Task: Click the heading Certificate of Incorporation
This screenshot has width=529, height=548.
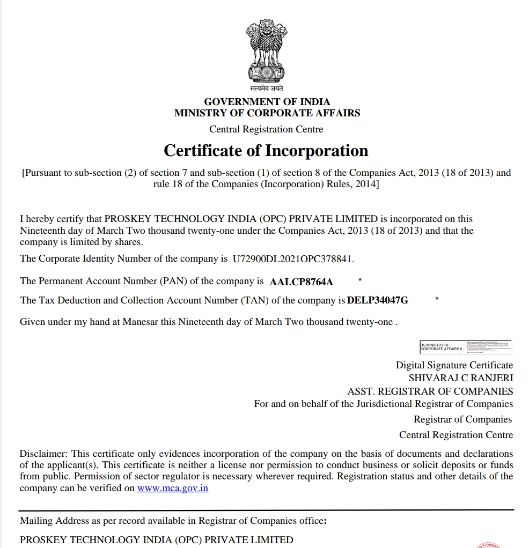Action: coord(266,151)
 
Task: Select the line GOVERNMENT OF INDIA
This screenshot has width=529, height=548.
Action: coord(267,101)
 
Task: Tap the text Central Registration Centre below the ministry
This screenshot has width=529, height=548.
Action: coord(266,129)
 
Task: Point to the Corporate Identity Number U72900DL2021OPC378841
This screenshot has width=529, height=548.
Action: coord(293,259)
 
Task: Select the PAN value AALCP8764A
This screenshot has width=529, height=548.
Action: coord(302,282)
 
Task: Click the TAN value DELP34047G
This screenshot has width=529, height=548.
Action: coord(378,300)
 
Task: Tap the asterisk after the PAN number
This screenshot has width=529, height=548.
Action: coord(359,280)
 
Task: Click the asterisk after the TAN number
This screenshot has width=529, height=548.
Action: coord(437,298)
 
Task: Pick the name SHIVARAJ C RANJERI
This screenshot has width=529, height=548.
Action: coord(460,378)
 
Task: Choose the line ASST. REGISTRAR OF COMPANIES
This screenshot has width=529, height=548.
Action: coord(430,391)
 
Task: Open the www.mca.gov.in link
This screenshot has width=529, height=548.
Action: coord(173,488)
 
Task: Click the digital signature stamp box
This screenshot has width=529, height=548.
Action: coord(466,347)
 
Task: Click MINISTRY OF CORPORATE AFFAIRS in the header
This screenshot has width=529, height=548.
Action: coord(267,113)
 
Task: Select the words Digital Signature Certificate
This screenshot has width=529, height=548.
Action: coord(454,365)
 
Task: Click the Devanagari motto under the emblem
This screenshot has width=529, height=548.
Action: coord(266,88)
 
